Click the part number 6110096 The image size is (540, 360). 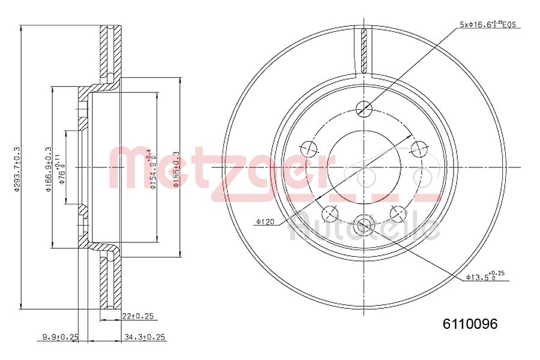[x=470, y=325]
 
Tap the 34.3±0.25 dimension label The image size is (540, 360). [x=144, y=338]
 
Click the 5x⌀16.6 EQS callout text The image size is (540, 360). [x=487, y=25]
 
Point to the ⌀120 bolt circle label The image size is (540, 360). [x=264, y=222]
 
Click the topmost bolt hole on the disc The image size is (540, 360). [x=364, y=109]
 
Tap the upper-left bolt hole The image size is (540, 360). [x=308, y=148]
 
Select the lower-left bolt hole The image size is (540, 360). [x=329, y=213]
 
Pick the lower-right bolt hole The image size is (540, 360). [x=398, y=212]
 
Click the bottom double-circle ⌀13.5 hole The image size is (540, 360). [x=364, y=225]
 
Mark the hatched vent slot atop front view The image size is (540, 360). [x=364, y=50]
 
